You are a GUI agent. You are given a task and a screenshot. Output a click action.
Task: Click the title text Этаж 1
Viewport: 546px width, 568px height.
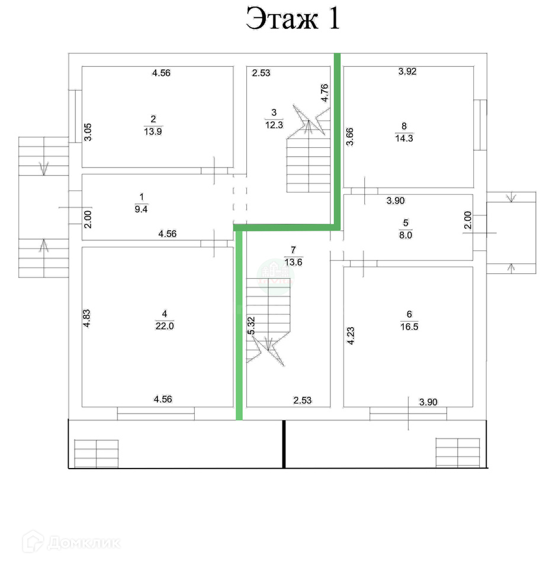pos(293,19)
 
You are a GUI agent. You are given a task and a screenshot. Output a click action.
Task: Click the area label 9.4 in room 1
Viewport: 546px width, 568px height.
pos(141,208)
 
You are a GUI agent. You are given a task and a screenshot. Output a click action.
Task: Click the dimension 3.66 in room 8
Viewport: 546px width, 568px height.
pos(349,137)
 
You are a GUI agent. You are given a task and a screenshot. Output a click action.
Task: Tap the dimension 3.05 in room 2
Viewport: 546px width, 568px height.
pos(86,131)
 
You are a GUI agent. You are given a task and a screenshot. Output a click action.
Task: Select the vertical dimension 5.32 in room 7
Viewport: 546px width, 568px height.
pos(252,325)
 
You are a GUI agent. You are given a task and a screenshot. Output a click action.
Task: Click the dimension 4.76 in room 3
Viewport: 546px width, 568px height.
pos(325,93)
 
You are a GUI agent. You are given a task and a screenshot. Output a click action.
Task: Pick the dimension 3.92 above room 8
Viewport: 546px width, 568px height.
pos(408,72)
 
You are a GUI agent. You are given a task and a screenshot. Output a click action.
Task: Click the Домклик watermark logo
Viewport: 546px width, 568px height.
pos(71,542)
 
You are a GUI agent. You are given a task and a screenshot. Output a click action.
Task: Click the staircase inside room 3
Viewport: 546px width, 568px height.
pos(308,163)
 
